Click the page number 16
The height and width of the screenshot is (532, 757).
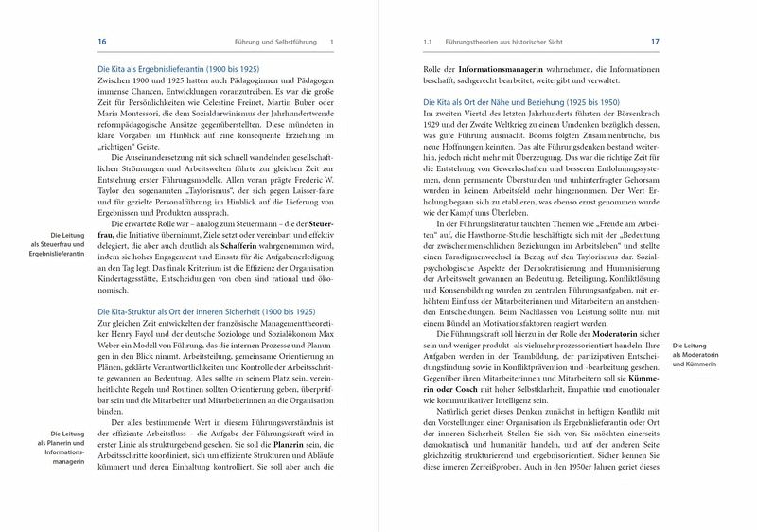point(103,42)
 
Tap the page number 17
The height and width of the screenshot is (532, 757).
point(655,42)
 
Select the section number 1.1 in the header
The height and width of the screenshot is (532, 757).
point(427,42)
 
